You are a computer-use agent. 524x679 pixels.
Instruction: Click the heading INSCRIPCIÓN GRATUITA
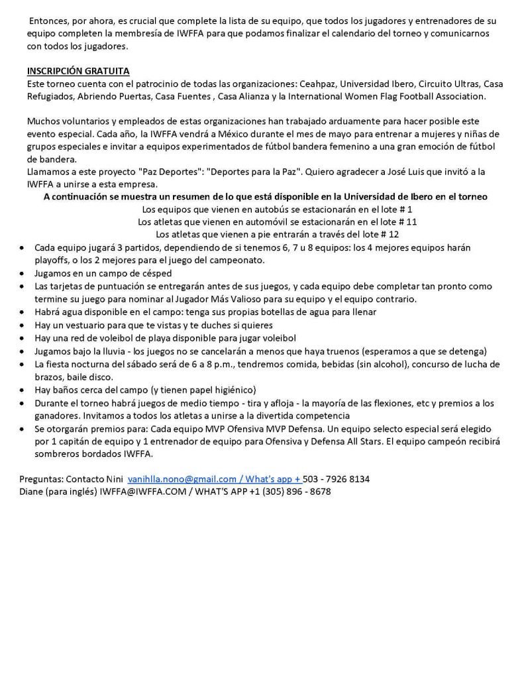coord(78,71)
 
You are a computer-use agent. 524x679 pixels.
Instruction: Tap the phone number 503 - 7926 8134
coord(337,478)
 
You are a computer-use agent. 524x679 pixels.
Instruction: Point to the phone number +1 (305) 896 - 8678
coord(291,491)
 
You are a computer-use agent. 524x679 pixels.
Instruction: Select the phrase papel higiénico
coord(223,390)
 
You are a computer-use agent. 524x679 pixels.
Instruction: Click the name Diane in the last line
coord(31,491)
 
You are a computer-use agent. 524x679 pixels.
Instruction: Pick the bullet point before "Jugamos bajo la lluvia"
coord(23,351)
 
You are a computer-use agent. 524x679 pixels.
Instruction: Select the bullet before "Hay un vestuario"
coord(23,326)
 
